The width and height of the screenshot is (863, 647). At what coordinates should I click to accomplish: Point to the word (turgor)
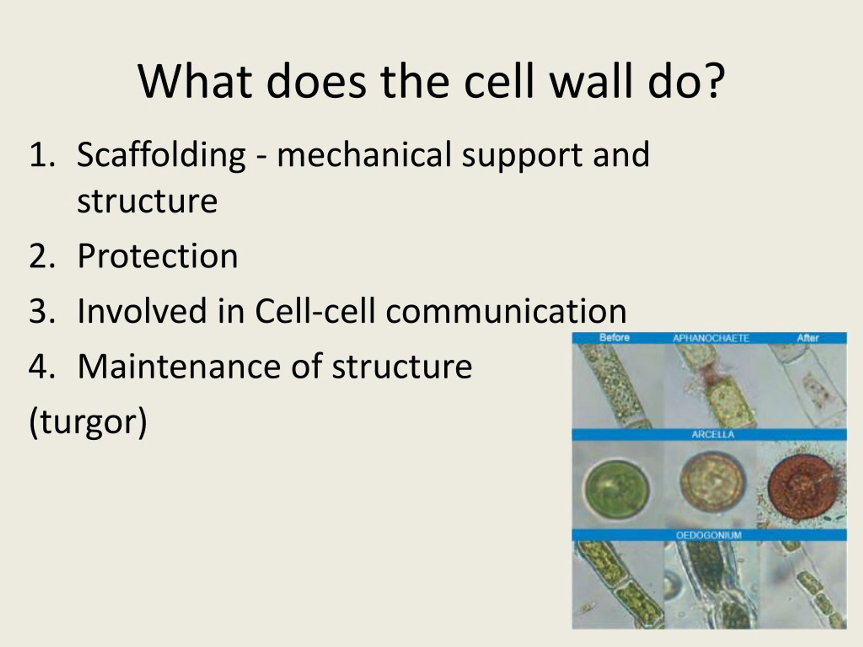click(88, 422)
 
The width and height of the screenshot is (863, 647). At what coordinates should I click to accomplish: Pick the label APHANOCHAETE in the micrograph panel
click(711, 338)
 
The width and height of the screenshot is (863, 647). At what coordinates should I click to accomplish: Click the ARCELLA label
click(712, 434)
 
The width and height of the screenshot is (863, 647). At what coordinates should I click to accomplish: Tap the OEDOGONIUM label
click(709, 535)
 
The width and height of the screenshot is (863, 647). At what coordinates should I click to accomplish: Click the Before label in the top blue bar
click(614, 338)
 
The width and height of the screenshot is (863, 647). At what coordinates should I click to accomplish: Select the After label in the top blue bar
click(808, 338)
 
